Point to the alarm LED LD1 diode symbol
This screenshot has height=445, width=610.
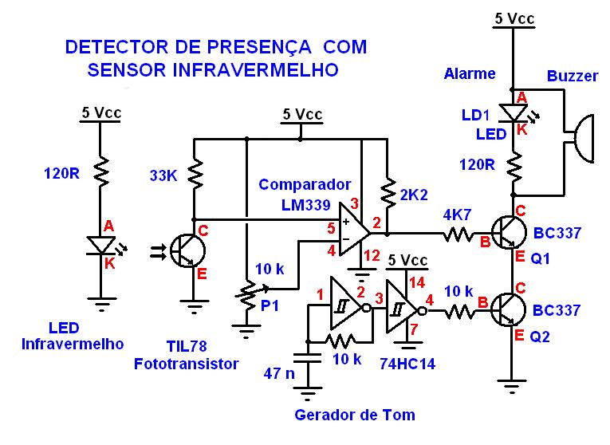tap(511, 113)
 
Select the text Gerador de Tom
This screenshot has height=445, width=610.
tap(355, 415)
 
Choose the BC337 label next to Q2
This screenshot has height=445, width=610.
tap(557, 310)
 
